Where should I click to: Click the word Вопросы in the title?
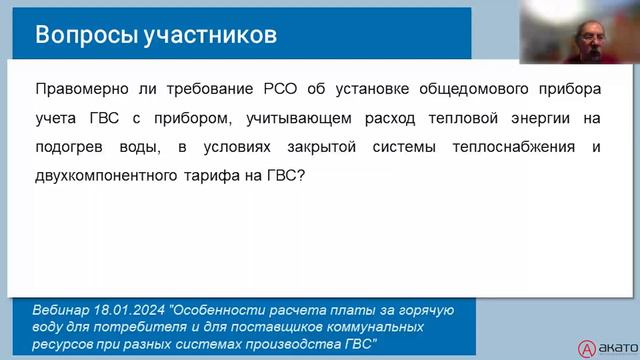pos(77,35)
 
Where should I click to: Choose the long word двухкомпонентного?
pos(108,175)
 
